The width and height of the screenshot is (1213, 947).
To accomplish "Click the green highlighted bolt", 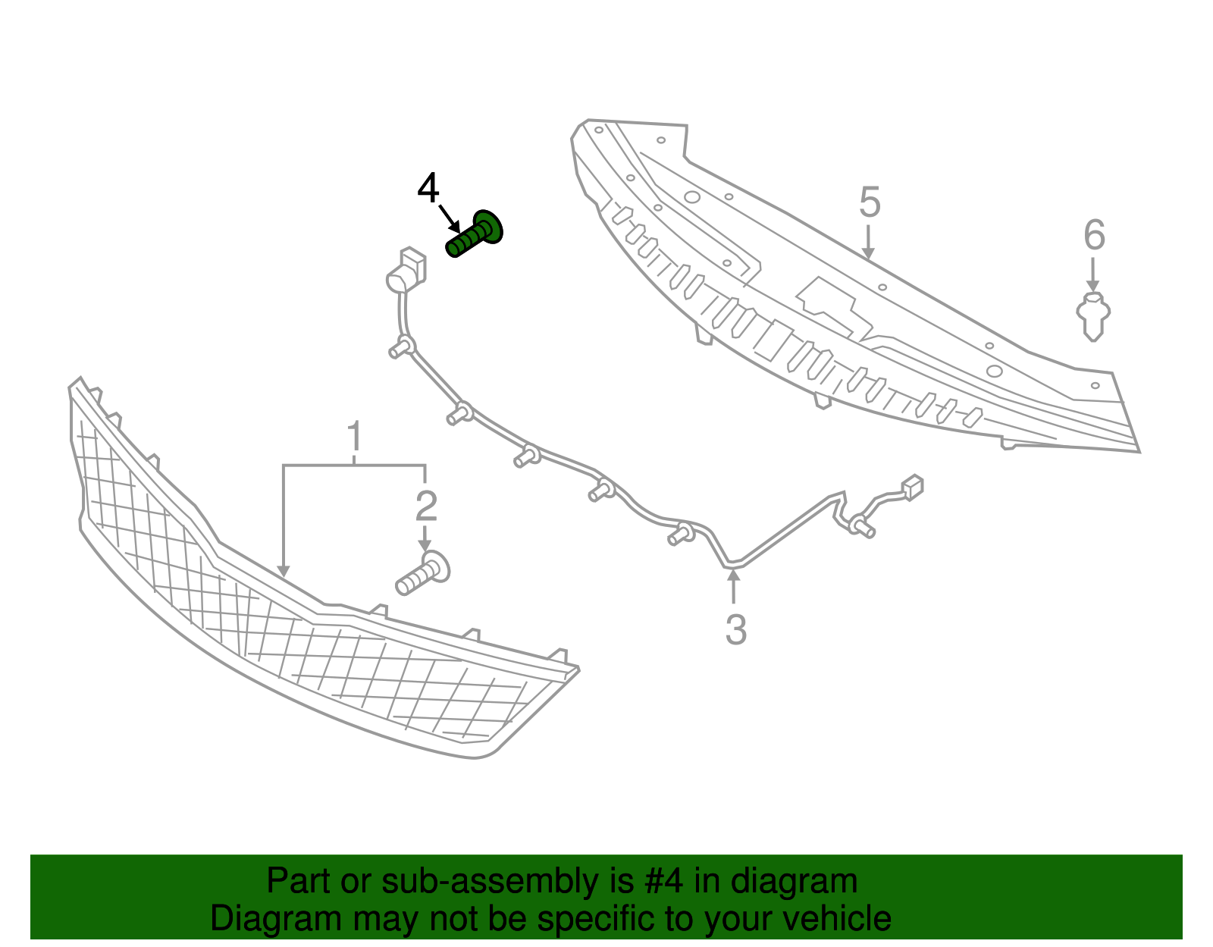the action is coord(475,234).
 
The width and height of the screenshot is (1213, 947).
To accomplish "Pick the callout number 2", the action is coord(426,506).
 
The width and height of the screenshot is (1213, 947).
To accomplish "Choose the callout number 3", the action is coord(735,629).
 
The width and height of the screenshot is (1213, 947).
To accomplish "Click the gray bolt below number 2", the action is coord(422,573).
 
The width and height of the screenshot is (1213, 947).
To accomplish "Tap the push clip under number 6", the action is coord(1093,316).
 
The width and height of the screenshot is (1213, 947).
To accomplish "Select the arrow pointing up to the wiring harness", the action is coord(734,586).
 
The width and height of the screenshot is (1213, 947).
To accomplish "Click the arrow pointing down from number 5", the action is coord(867,242).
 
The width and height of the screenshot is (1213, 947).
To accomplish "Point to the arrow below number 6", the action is coord(1093,274).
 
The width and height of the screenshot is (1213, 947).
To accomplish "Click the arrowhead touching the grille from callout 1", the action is coord(284,572).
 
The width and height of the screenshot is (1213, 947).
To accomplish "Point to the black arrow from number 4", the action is coord(450,219).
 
